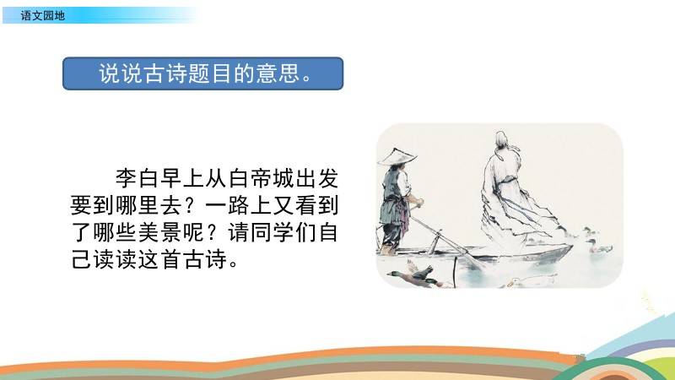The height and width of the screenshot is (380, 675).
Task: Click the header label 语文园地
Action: tap(43, 16)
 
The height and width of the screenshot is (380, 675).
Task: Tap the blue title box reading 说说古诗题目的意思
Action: tap(202, 73)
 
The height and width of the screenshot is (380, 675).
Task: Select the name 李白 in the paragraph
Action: tap(138, 178)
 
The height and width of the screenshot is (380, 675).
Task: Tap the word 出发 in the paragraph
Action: tap(317, 178)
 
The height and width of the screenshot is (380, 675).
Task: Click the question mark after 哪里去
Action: tap(193, 205)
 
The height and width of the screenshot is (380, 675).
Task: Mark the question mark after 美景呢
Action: tap(216, 233)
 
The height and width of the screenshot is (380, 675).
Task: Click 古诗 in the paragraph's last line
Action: tap(204, 259)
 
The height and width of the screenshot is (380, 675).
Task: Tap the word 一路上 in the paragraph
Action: tap(238, 205)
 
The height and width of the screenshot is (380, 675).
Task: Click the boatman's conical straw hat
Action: tap(397, 157)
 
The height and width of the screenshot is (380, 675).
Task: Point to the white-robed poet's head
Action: tap(501, 139)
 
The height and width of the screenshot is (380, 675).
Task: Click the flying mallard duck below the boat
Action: tap(413, 275)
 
